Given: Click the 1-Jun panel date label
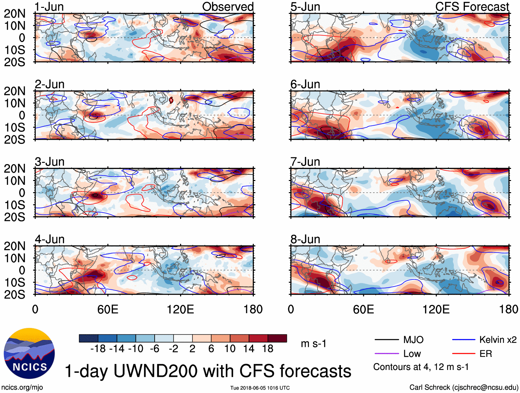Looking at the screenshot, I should [x=49, y=7].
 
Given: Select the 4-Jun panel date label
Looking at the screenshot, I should [x=50, y=239].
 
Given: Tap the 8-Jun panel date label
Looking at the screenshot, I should [x=305, y=239].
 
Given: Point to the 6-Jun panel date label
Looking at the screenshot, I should [x=305, y=84].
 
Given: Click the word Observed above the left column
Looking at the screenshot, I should [x=228, y=7].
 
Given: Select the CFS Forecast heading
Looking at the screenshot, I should [x=472, y=7].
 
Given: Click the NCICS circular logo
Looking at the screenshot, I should [x=29, y=353].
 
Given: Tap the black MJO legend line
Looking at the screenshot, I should [x=386, y=340].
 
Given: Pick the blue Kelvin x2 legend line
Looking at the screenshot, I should [x=464, y=340].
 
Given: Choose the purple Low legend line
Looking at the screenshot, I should [x=386, y=353].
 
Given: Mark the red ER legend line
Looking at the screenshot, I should [x=464, y=353].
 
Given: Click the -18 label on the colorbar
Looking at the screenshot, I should [x=98, y=349].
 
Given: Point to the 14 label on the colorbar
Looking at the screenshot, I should [x=249, y=349].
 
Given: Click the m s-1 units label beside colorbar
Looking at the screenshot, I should [x=313, y=343].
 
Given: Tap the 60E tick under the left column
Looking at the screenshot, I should [x=108, y=309].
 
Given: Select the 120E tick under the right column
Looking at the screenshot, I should [x=436, y=309].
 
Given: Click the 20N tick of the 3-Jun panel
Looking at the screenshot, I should [x=14, y=169].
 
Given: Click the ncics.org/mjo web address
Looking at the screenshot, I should [x=22, y=387].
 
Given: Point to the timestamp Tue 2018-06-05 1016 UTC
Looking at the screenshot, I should [x=260, y=388].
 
